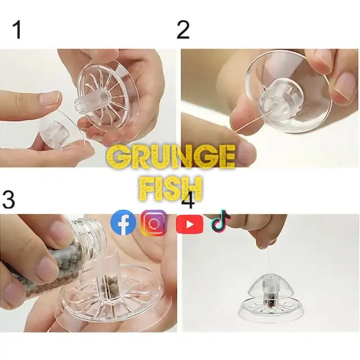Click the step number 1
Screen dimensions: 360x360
point(17,30)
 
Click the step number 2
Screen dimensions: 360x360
point(183,30)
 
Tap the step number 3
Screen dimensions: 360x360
point(8,199)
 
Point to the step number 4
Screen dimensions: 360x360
point(188,201)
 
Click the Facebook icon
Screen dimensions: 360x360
point(123,222)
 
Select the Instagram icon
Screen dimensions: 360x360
point(154,223)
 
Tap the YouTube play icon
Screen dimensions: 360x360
point(190,224)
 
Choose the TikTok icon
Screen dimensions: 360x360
point(220,220)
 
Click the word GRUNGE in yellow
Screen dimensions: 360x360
point(171,157)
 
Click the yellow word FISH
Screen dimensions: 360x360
point(171,189)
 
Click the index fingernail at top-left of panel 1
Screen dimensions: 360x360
point(49,99)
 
